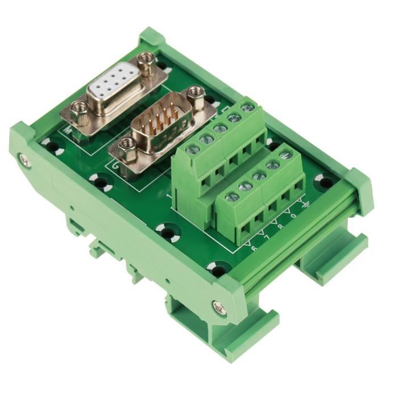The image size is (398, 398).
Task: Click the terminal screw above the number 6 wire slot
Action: point(233,198)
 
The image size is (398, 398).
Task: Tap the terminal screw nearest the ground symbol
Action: point(285,155)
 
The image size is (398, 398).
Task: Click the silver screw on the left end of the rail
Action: point(24,161)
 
